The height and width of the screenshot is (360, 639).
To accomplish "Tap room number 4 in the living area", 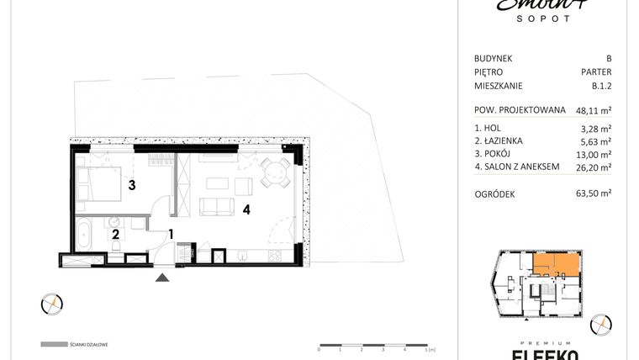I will coord(246,209).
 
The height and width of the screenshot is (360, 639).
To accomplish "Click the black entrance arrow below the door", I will coord(162,276).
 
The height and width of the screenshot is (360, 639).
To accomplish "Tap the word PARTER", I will coord(596,71).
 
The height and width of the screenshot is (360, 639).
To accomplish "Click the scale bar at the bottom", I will coord(374,345).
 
